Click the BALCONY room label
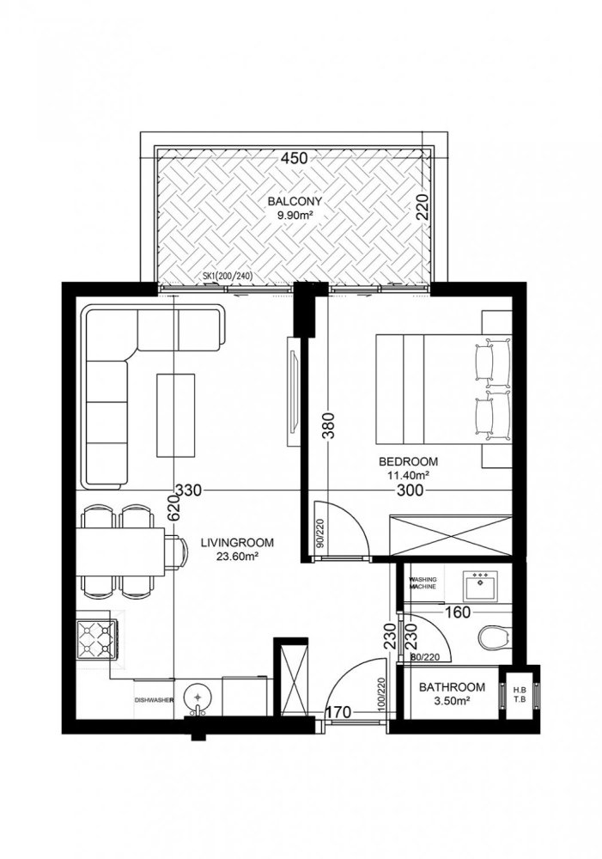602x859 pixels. coord(291,200)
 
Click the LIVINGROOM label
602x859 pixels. coord(236,542)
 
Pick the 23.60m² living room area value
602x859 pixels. coord(236,556)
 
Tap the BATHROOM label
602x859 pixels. coord(452,688)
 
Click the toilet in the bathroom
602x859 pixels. coord(493,638)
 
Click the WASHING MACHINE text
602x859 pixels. coord(424,585)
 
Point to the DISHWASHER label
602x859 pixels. coord(155,700)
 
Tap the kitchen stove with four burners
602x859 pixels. coord(96,637)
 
